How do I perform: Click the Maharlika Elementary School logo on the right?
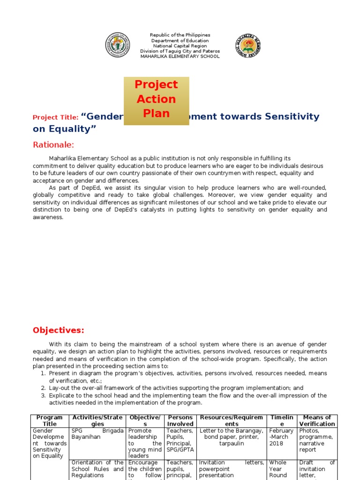tap(247, 45)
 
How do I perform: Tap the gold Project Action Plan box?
tap(156, 99)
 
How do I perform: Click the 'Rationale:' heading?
tap(53, 144)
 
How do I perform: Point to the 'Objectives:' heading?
tap(59, 330)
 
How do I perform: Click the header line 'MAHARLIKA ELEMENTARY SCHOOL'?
tap(180, 56)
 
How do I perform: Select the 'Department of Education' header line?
tap(180, 41)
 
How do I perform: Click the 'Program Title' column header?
tap(49, 420)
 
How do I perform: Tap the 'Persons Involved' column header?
tap(180, 420)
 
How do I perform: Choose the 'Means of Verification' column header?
tap(317, 420)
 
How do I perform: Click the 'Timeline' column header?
tap(282, 420)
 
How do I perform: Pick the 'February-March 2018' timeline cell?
tap(281, 437)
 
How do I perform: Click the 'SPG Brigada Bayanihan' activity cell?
tap(97, 434)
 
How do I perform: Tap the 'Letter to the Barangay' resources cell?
tap(231, 437)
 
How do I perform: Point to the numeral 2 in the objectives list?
tap(43, 388)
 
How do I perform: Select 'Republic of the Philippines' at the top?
tap(180, 35)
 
